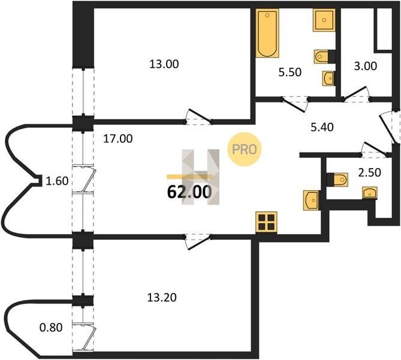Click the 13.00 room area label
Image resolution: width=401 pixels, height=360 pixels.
[x=164, y=64]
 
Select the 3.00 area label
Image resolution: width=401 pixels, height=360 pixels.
[x=365, y=66]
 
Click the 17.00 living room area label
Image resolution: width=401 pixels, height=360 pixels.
[x=117, y=139]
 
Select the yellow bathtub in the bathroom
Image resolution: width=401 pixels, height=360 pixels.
[x=265, y=34]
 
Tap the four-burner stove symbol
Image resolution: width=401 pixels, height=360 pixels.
[x=266, y=222]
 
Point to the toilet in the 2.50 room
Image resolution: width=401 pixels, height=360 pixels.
[x=338, y=179]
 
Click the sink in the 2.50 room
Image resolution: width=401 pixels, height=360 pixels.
[x=370, y=192]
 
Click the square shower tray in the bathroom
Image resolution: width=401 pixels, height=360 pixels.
[x=323, y=21]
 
